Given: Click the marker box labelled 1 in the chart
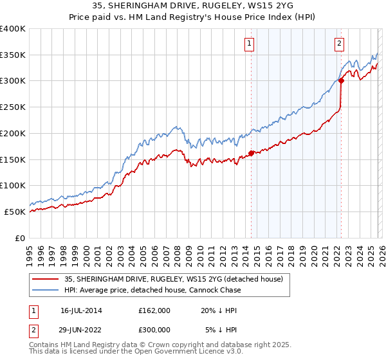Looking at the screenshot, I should pyautogui.click(x=249, y=44).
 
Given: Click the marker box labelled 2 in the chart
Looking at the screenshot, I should pyautogui.click(x=339, y=44).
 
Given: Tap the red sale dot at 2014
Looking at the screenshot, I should pyautogui.click(x=251, y=153).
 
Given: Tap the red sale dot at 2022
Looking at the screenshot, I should pyautogui.click(x=341, y=81).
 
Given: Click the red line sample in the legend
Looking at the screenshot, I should pyautogui.click(x=47, y=279).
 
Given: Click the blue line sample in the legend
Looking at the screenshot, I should pyautogui.click(x=47, y=290).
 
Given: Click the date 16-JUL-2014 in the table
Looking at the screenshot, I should pyautogui.click(x=81, y=310).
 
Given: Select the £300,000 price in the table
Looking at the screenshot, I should pyautogui.click(x=154, y=329).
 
